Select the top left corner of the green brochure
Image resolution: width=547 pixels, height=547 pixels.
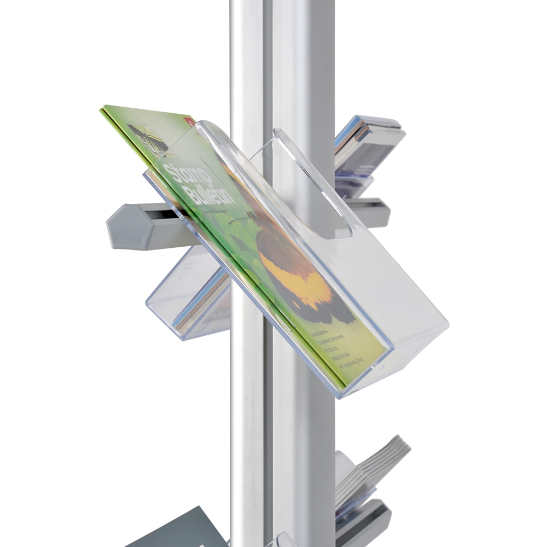coord(104,108)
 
